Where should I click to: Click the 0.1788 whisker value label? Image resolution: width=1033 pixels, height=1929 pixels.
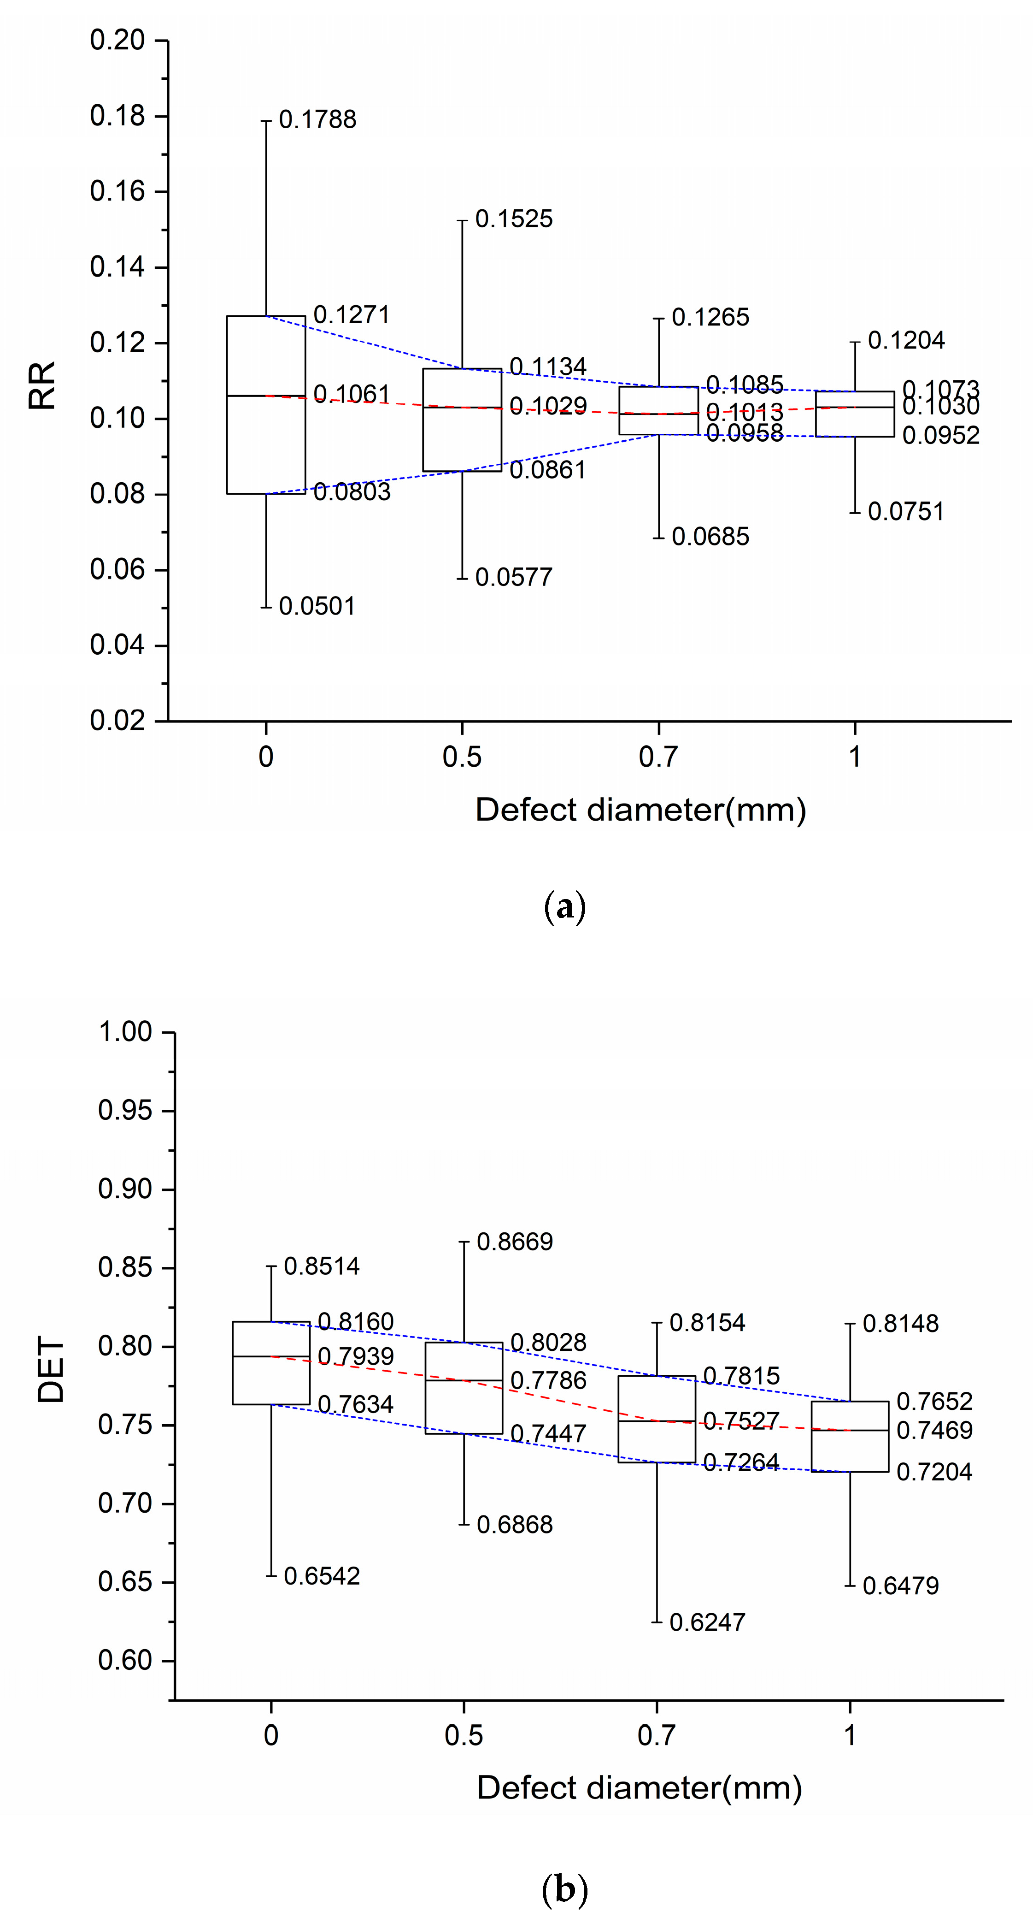point(317,120)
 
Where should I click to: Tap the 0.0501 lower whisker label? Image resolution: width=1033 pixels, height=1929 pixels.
point(317,607)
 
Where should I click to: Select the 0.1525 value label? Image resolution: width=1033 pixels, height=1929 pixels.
point(514,219)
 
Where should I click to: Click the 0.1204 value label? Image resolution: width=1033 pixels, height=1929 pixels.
point(906,341)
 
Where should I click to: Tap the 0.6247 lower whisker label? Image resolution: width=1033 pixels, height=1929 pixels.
point(707,1623)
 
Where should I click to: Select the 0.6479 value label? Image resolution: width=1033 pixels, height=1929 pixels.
point(900,1586)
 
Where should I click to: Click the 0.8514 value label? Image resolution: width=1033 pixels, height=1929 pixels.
point(322,1267)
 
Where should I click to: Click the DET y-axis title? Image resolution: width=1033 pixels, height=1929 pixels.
point(51,1370)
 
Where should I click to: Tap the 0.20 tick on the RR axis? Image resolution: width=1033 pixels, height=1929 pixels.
point(117,41)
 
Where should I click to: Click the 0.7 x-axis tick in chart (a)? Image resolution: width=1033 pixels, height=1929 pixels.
point(658,758)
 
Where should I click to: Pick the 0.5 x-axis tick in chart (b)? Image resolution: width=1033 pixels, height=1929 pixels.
point(464,1736)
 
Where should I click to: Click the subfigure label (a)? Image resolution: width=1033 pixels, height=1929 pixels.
point(564,908)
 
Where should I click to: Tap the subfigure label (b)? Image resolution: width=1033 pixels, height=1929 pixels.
point(564,1890)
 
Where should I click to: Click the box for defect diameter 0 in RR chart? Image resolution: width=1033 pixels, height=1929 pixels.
point(266,404)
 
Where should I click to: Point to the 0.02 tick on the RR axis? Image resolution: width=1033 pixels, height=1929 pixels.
point(117,721)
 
